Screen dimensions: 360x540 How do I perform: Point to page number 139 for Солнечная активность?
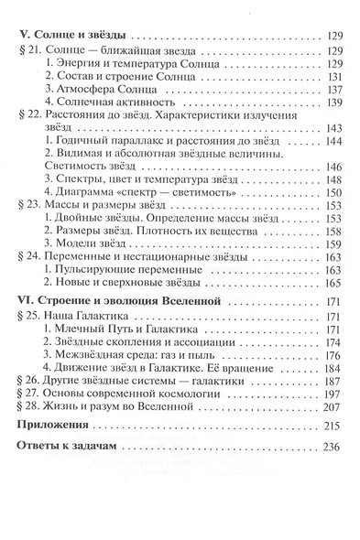pos(330,111)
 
